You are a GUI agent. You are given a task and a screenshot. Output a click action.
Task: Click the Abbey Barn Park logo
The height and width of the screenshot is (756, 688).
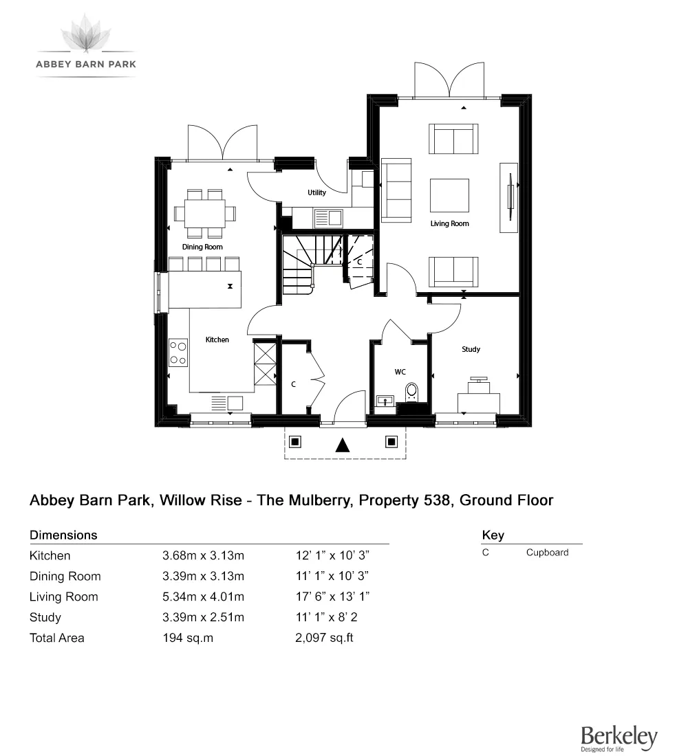click(x=86, y=45)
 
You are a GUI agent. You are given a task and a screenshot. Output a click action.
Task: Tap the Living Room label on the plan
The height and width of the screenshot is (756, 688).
click(x=449, y=224)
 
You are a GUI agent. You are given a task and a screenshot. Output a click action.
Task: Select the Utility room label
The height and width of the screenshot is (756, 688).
click(x=316, y=193)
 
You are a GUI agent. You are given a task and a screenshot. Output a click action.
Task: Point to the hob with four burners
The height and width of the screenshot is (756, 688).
click(x=178, y=353)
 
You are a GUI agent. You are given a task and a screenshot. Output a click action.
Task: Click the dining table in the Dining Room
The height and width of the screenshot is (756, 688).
click(x=204, y=212)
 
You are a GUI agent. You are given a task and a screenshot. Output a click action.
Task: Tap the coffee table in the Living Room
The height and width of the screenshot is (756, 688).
click(x=449, y=195)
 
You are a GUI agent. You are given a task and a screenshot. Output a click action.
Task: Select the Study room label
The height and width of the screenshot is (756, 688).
click(x=471, y=350)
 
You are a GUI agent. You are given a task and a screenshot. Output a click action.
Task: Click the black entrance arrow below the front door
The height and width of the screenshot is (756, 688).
click(x=342, y=445)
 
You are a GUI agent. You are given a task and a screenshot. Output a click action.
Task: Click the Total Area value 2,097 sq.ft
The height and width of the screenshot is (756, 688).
click(x=323, y=638)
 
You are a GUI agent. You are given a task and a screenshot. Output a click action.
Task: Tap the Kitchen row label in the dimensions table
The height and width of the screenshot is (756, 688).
click(x=50, y=556)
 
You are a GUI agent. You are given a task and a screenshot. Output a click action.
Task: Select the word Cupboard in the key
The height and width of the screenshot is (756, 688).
click(x=547, y=553)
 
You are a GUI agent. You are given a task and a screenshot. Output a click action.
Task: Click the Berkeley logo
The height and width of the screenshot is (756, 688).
click(x=619, y=738)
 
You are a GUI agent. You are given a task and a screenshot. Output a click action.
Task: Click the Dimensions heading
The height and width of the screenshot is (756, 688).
click(x=63, y=535)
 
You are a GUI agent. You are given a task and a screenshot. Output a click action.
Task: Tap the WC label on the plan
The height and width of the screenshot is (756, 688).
click(x=400, y=372)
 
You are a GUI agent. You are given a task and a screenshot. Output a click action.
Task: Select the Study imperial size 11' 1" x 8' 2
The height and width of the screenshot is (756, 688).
click(x=325, y=617)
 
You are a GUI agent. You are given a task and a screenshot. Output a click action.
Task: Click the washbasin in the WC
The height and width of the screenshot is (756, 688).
click(x=385, y=400)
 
